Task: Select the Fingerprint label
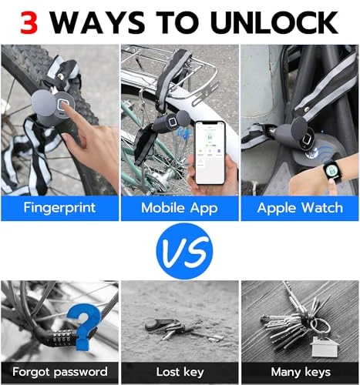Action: coord(59,208)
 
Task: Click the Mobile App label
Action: coord(180,208)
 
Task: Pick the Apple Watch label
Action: coord(300,208)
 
